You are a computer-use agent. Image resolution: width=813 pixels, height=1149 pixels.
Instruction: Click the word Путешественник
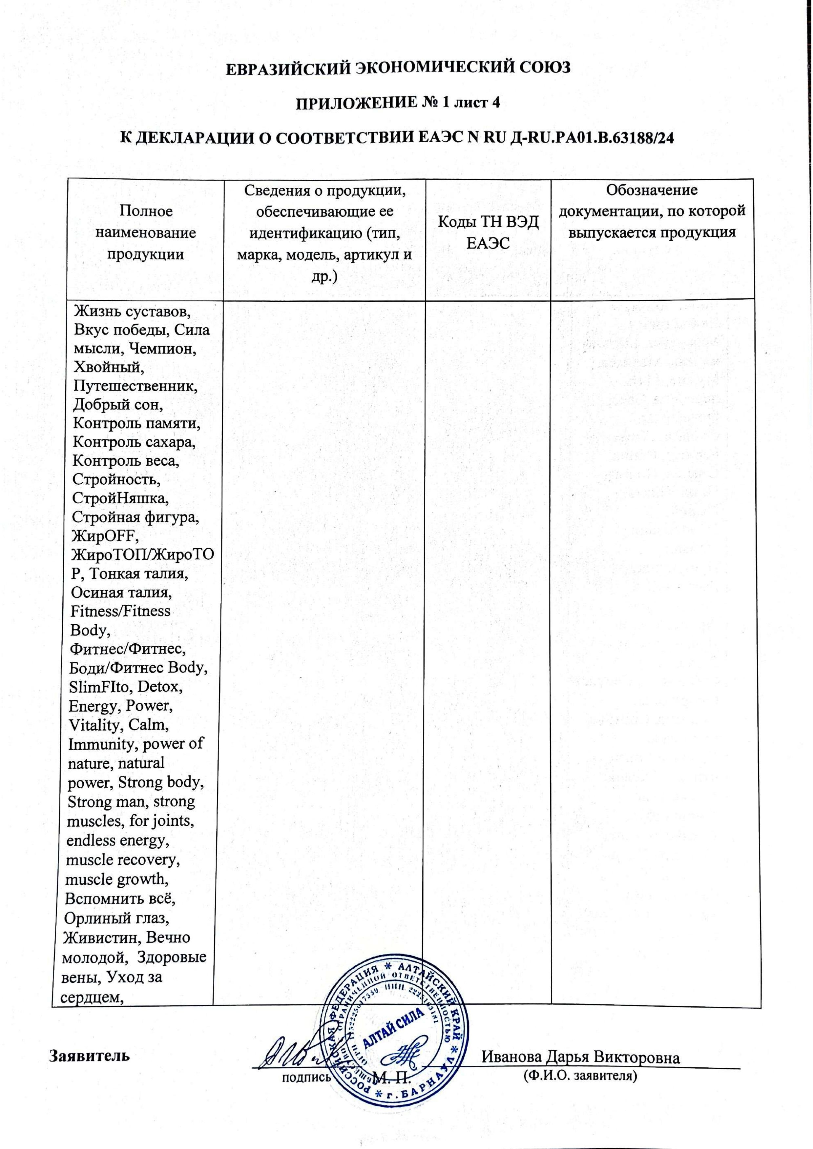[135, 386]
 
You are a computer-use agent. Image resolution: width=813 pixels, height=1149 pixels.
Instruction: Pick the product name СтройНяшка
[121, 498]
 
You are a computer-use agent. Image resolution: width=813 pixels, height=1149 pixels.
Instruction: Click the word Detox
[159, 687]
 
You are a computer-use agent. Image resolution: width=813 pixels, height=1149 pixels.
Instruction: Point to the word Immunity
[102, 744]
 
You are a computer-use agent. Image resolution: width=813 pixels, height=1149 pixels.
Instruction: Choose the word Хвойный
[108, 367]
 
